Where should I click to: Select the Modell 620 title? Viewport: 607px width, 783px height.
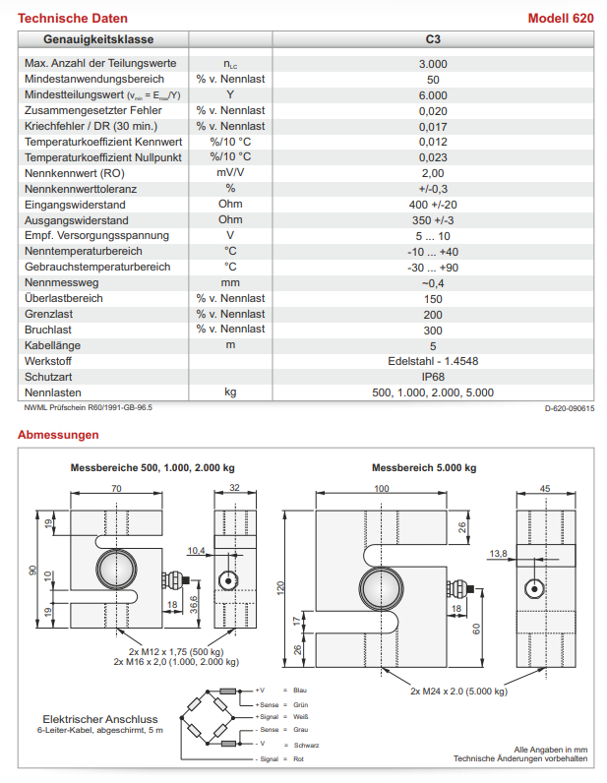[561, 19]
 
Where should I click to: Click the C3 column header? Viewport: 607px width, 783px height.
[433, 38]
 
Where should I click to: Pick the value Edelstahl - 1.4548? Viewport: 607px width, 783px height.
[433, 361]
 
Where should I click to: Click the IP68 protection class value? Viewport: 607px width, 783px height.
[433, 377]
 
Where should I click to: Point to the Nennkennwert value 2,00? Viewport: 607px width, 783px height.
[433, 173]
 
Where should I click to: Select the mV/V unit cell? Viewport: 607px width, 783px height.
[230, 173]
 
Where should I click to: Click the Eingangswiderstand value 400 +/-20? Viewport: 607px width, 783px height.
[433, 205]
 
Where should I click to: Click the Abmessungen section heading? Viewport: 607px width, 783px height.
[58, 434]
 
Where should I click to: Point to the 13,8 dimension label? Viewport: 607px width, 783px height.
[497, 555]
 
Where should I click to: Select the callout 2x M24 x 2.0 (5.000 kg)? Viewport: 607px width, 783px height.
[458, 691]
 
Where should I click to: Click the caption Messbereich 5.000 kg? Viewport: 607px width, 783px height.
[423, 467]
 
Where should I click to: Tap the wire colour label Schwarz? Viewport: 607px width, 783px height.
[306, 745]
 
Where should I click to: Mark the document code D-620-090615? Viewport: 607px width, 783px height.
[569, 407]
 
